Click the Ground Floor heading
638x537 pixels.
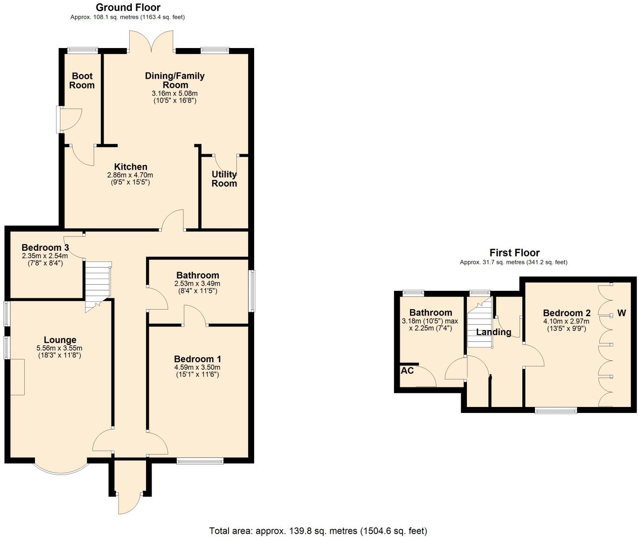pyautogui.click(x=128, y=7)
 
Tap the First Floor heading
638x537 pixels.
pyautogui.click(x=514, y=253)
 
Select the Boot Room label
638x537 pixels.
pyautogui.click(x=82, y=81)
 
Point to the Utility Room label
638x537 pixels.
pyautogui.click(x=224, y=179)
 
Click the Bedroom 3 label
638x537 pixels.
pyautogui.click(x=45, y=248)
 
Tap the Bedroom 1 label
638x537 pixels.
pyautogui.click(x=197, y=359)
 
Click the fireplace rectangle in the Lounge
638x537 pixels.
pyautogui.click(x=17, y=377)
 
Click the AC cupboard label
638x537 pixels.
pyautogui.click(x=407, y=371)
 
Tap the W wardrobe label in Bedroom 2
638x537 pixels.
pyautogui.click(x=621, y=313)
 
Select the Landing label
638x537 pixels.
pyautogui.click(x=493, y=332)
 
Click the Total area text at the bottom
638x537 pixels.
pyautogui.click(x=318, y=530)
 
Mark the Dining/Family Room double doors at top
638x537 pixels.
pyautogui.click(x=152, y=42)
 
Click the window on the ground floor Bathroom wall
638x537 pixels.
pyautogui.click(x=252, y=291)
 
